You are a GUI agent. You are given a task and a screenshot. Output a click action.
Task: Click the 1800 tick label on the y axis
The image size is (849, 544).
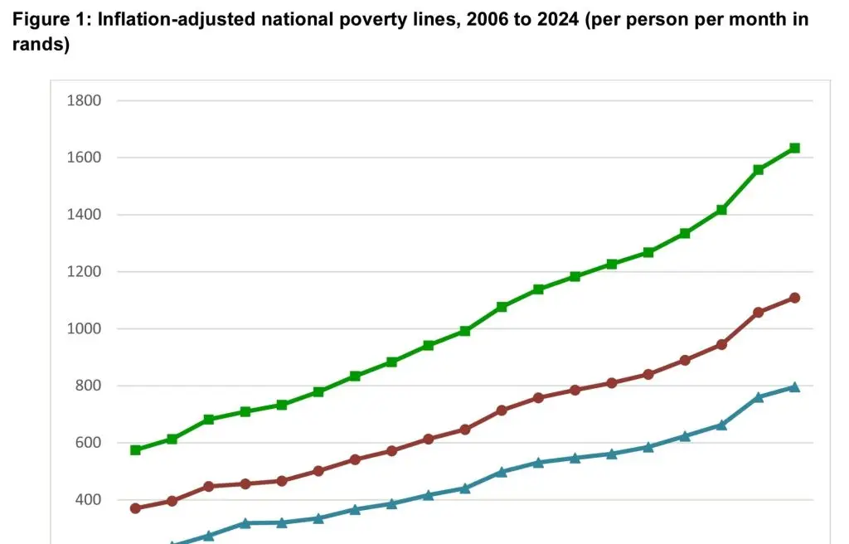click(x=84, y=101)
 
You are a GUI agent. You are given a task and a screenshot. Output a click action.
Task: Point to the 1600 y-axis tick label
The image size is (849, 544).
click(x=84, y=158)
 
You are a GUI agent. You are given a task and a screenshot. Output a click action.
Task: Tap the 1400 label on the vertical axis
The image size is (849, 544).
click(x=84, y=215)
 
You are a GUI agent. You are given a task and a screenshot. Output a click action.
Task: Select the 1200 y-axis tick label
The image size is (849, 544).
click(x=84, y=272)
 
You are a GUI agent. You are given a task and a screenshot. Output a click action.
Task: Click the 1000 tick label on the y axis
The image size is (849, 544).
click(x=84, y=329)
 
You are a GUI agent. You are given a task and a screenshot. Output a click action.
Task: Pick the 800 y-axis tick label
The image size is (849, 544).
click(x=88, y=386)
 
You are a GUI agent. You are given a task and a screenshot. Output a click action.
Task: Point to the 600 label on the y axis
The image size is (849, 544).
click(x=88, y=443)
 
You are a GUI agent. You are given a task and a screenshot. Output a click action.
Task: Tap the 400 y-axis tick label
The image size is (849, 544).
click(x=88, y=500)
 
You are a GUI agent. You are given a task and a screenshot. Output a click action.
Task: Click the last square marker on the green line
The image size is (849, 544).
click(x=794, y=148)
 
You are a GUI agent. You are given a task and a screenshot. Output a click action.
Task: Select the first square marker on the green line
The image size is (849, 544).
click(x=135, y=450)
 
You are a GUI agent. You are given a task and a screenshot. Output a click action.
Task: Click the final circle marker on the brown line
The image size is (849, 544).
click(x=794, y=298)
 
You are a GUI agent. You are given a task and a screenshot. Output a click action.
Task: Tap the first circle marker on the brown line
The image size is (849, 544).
click(x=135, y=508)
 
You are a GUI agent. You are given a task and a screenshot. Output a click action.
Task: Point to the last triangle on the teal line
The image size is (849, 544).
click(x=794, y=386)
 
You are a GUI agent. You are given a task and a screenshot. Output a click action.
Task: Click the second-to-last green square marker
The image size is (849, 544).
click(x=758, y=170)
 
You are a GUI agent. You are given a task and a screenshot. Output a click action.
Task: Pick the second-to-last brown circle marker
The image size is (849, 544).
click(x=758, y=313)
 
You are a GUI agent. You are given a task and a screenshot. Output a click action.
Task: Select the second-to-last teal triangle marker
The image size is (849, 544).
click(x=758, y=397)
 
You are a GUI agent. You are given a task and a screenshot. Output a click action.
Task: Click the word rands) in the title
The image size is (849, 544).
click(x=41, y=45)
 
